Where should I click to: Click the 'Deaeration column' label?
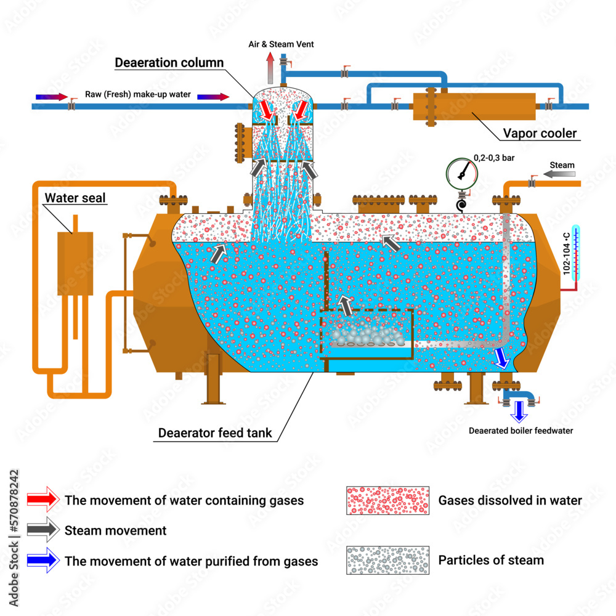[x=169, y=62]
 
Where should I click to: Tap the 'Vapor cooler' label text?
[x=540, y=133]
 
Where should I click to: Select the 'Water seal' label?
[x=75, y=198]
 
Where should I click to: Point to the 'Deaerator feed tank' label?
[x=215, y=433]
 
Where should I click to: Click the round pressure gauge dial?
[x=461, y=174]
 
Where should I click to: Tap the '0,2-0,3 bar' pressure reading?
[x=494, y=158]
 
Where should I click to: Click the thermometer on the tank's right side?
[x=575, y=253]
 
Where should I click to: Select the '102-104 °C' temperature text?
[x=566, y=254]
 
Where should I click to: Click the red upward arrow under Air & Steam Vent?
[x=270, y=68]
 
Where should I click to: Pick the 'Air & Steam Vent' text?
[x=281, y=44]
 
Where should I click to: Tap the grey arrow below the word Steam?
[x=559, y=174]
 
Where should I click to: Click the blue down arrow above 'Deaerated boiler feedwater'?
[x=519, y=411]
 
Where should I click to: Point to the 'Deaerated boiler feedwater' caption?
[x=521, y=431]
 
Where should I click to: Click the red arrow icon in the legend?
[x=43, y=500]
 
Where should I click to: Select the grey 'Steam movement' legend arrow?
[x=43, y=530]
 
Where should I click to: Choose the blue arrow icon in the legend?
[x=43, y=560]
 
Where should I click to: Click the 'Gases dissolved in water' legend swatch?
[x=387, y=500]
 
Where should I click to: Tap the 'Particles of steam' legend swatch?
[x=387, y=560]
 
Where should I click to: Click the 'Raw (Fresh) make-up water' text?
[x=138, y=94]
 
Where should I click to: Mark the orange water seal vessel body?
[x=75, y=263]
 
